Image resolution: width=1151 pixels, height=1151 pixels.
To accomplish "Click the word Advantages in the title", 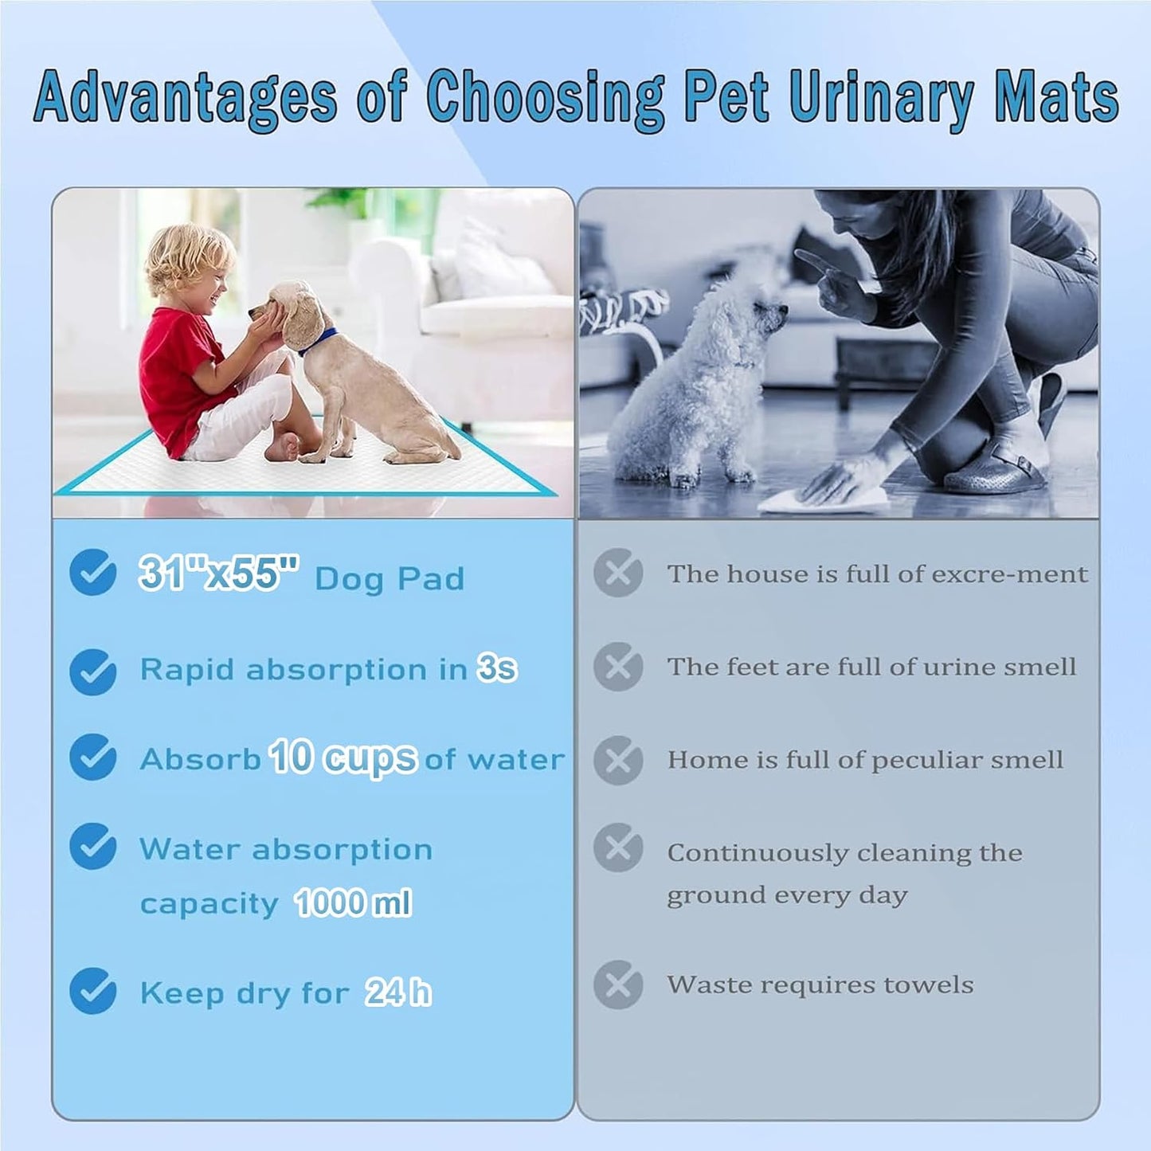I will (185, 97).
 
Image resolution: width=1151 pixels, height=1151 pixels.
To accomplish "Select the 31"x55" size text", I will (218, 573).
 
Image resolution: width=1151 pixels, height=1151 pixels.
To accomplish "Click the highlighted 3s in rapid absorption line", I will (497, 668).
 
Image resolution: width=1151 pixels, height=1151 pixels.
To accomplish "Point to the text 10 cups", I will (343, 758).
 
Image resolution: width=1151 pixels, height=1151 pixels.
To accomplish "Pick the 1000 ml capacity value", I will (353, 903).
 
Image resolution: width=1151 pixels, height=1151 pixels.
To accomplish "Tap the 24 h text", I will (398, 992).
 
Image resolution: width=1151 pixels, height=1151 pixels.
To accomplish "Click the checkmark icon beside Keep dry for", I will (93, 991).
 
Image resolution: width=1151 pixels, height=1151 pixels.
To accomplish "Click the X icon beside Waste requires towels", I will (618, 985).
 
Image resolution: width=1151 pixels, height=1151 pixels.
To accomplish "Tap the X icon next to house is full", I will (618, 573).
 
